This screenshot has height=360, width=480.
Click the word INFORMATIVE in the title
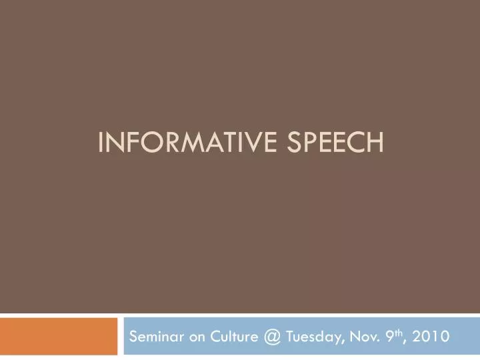pyautogui.click(x=187, y=142)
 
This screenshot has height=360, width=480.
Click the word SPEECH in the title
pyautogui.click(x=335, y=142)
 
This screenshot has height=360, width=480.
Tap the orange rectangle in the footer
pyautogui.click(x=59, y=336)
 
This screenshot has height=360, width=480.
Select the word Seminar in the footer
pyautogui.click(x=157, y=337)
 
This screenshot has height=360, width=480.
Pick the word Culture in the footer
pyautogui.click(x=234, y=337)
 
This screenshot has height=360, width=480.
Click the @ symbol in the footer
pyautogui.click(x=272, y=337)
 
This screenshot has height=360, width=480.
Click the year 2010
pyautogui.click(x=431, y=337)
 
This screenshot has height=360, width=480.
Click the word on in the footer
pyautogui.click(x=197, y=338)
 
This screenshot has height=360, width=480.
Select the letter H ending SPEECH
pyautogui.click(x=376, y=142)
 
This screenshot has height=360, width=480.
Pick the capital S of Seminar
pyautogui.click(x=133, y=337)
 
